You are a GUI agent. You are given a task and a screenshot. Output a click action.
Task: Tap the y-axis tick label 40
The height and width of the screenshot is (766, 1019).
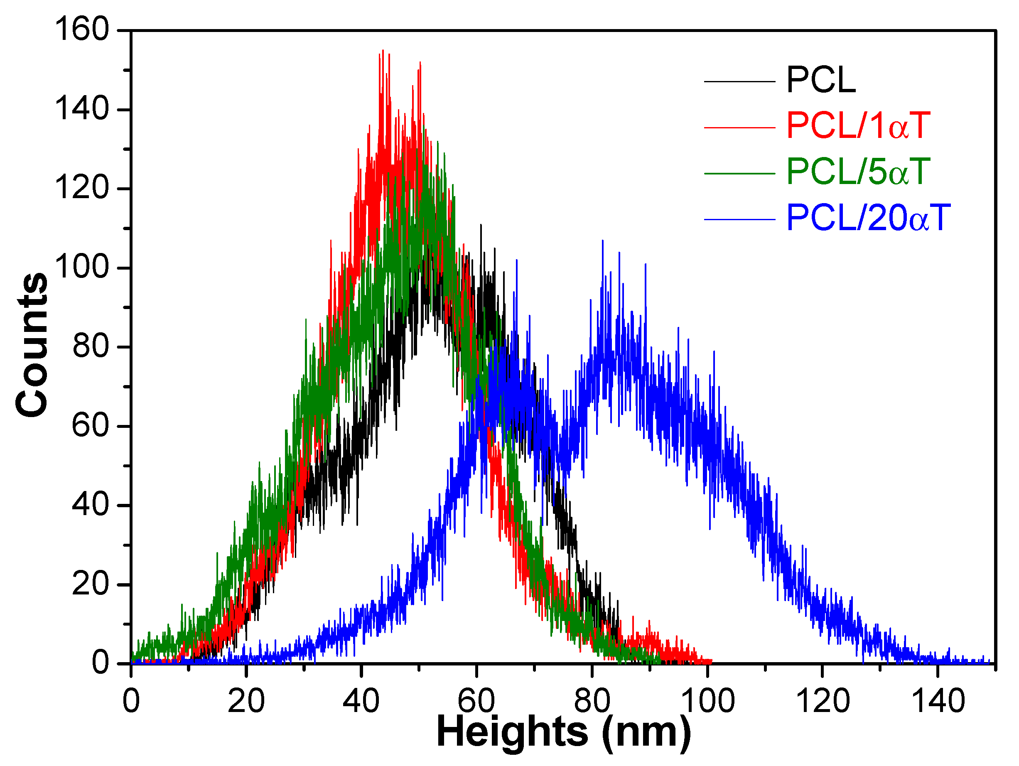[x=91, y=504]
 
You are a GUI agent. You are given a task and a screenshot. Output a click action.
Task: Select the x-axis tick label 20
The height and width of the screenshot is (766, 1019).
[x=246, y=701]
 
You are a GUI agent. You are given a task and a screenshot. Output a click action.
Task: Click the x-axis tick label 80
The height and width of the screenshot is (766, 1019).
[x=592, y=701]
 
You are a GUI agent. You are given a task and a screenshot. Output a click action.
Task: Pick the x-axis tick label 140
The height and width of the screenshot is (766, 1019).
[x=938, y=701]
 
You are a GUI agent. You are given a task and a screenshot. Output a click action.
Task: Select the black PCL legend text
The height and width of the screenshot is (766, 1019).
[x=821, y=81]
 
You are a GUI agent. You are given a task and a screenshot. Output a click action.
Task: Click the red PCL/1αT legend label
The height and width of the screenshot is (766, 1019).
[x=858, y=126]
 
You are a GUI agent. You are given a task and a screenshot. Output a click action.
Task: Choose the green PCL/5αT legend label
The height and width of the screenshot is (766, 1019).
[x=858, y=172]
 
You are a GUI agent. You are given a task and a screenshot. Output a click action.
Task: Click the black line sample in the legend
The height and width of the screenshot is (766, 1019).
[x=740, y=82]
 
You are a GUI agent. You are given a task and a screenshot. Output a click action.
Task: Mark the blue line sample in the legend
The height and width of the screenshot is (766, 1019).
[x=740, y=219]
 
